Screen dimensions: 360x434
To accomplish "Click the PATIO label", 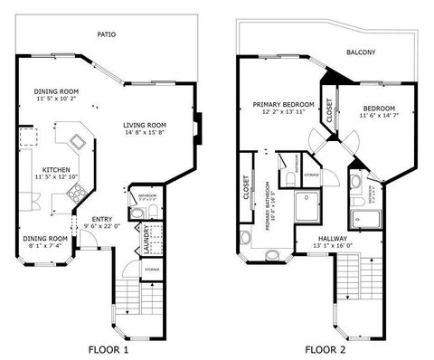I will [x=107, y=34].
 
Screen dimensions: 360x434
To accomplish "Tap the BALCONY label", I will [x=360, y=52].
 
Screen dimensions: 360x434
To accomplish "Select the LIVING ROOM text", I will [x=145, y=125].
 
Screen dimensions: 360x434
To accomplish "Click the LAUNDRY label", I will [x=146, y=239].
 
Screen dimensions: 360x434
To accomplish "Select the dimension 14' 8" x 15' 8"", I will [x=145, y=133].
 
